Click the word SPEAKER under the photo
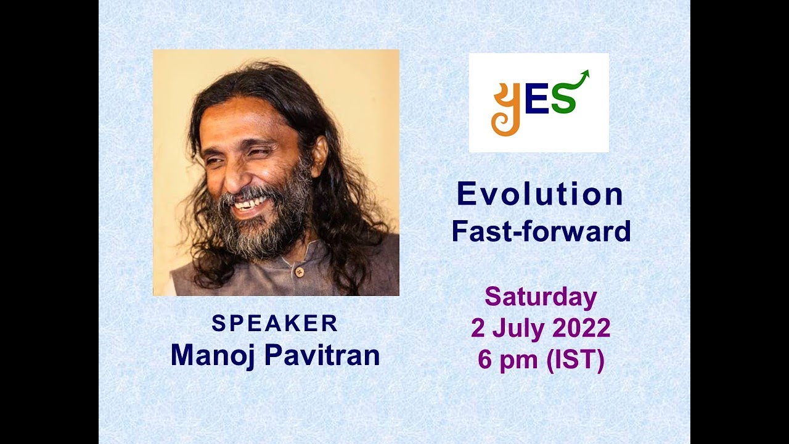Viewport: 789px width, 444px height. (x=275, y=324)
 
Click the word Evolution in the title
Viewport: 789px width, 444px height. (x=540, y=195)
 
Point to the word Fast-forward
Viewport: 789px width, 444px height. (x=541, y=231)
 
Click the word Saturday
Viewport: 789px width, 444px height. (x=541, y=297)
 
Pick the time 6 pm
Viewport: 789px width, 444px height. (x=507, y=361)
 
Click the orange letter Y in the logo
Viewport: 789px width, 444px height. (x=505, y=109)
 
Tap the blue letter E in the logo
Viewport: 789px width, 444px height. (x=536, y=102)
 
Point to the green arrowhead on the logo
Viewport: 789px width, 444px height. (x=584, y=74)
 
